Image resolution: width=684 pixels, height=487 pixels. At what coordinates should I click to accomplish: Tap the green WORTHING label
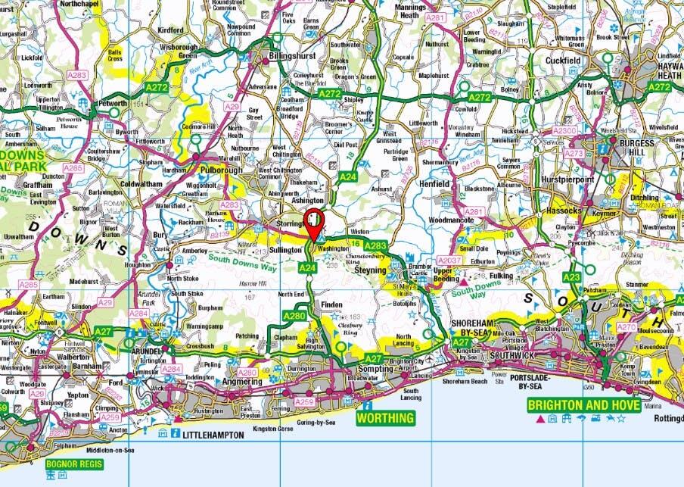pyautogui.click(x=387, y=417)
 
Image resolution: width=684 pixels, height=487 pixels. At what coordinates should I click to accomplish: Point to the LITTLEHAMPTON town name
pyautogui.click(x=212, y=435)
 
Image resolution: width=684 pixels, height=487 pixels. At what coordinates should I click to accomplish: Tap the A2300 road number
pyautogui.click(x=564, y=130)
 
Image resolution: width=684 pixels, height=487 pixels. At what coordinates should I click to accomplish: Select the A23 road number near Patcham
pyautogui.click(x=571, y=277)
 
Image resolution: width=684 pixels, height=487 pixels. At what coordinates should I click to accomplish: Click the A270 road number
pyautogui.click(x=626, y=327)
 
